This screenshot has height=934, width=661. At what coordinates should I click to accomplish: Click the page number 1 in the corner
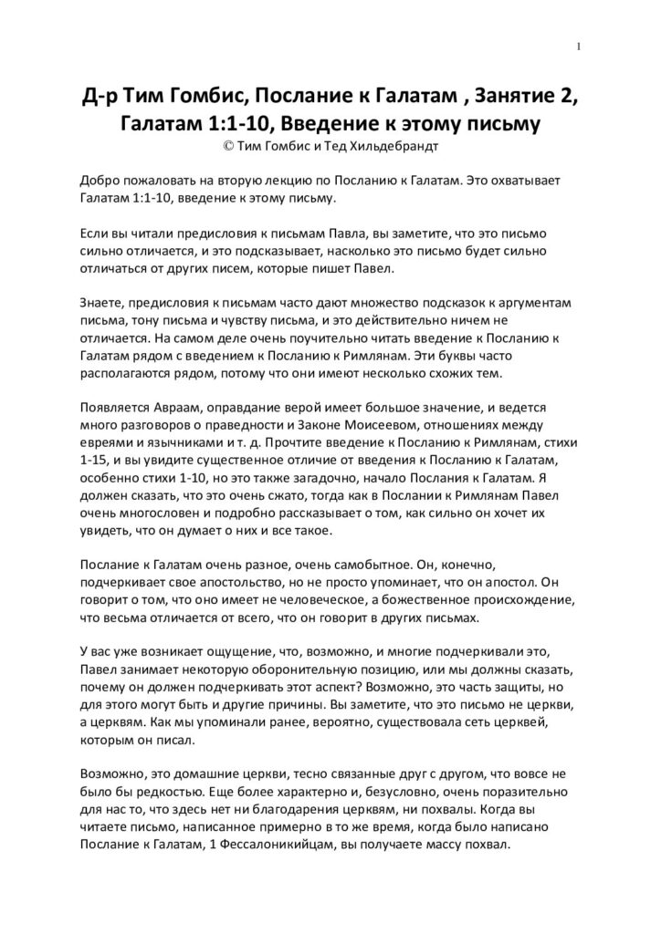[x=580, y=47]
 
